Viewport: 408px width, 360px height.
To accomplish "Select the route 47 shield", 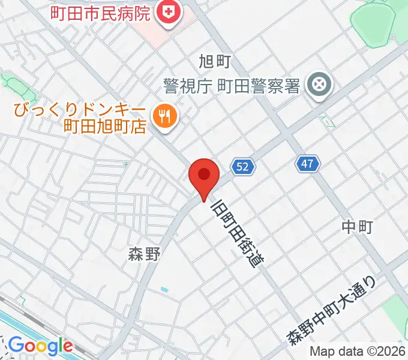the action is [x=308, y=163].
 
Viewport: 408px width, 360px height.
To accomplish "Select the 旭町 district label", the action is [x=214, y=61].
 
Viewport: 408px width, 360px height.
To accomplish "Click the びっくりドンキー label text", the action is [x=77, y=110].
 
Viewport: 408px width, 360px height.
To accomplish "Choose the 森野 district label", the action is [x=144, y=254].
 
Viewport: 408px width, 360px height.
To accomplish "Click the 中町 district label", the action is [x=358, y=226].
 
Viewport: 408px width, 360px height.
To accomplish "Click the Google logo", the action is [x=40, y=346].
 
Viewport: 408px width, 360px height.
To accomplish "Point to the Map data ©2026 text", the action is [x=358, y=352].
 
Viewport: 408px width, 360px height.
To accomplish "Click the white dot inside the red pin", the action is [x=204, y=174].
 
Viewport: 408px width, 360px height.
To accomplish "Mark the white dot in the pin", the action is [x=204, y=174].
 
